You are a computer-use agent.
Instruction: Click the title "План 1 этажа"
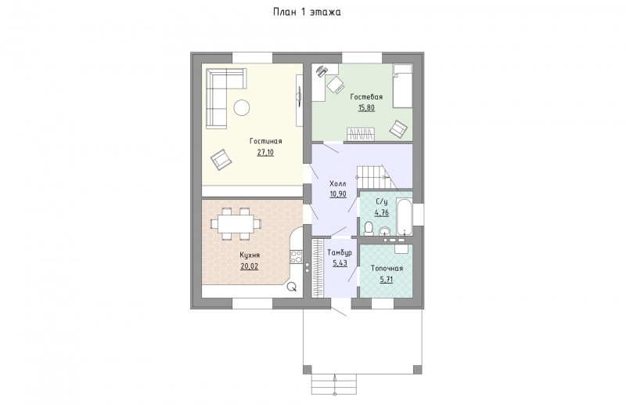pos(307,12)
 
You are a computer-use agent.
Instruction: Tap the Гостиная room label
pos(266,141)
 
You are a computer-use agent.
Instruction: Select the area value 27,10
pos(265,152)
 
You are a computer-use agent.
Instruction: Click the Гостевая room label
pos(366,97)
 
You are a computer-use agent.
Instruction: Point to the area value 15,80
pos(366,107)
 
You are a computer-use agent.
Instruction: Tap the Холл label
pos(338,184)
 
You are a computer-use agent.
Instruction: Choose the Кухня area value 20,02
pos(249,266)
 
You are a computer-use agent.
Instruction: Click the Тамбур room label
pos(340,253)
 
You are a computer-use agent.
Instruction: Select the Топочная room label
pos(387,269)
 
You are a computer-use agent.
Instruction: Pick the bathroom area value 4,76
pos(382,213)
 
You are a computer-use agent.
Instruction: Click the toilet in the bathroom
pos(369,229)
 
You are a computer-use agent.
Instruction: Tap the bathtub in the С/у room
pos(404,216)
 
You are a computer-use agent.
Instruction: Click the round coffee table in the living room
pos(242,107)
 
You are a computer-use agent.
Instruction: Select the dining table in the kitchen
pos(236,223)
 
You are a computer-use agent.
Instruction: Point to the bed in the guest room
pos(402,86)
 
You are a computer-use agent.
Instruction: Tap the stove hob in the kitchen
pos(297,257)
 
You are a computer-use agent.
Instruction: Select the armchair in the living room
pos(221,160)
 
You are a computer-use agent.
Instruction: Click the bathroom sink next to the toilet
pos(385,230)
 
